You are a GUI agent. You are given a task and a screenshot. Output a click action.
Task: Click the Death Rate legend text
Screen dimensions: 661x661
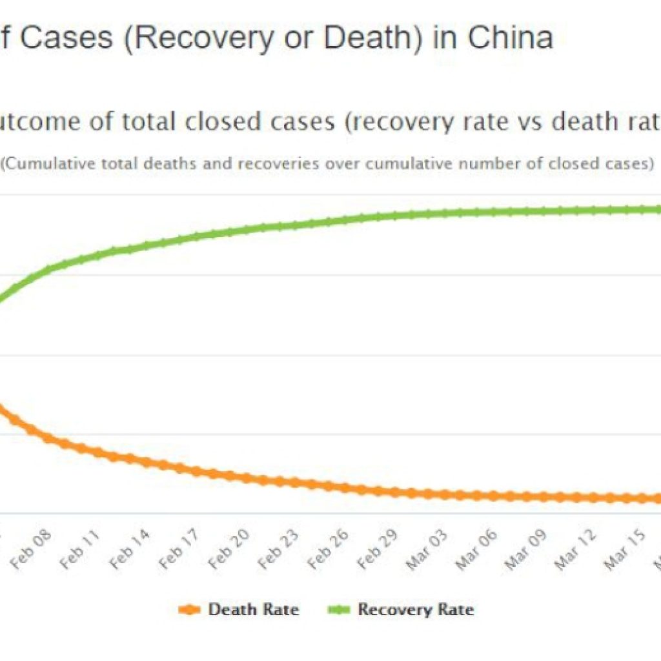point(253,609)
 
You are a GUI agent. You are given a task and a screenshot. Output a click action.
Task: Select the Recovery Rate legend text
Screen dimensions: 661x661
point(416,609)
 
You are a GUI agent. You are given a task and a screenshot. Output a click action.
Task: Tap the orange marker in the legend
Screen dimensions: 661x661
point(189,610)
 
